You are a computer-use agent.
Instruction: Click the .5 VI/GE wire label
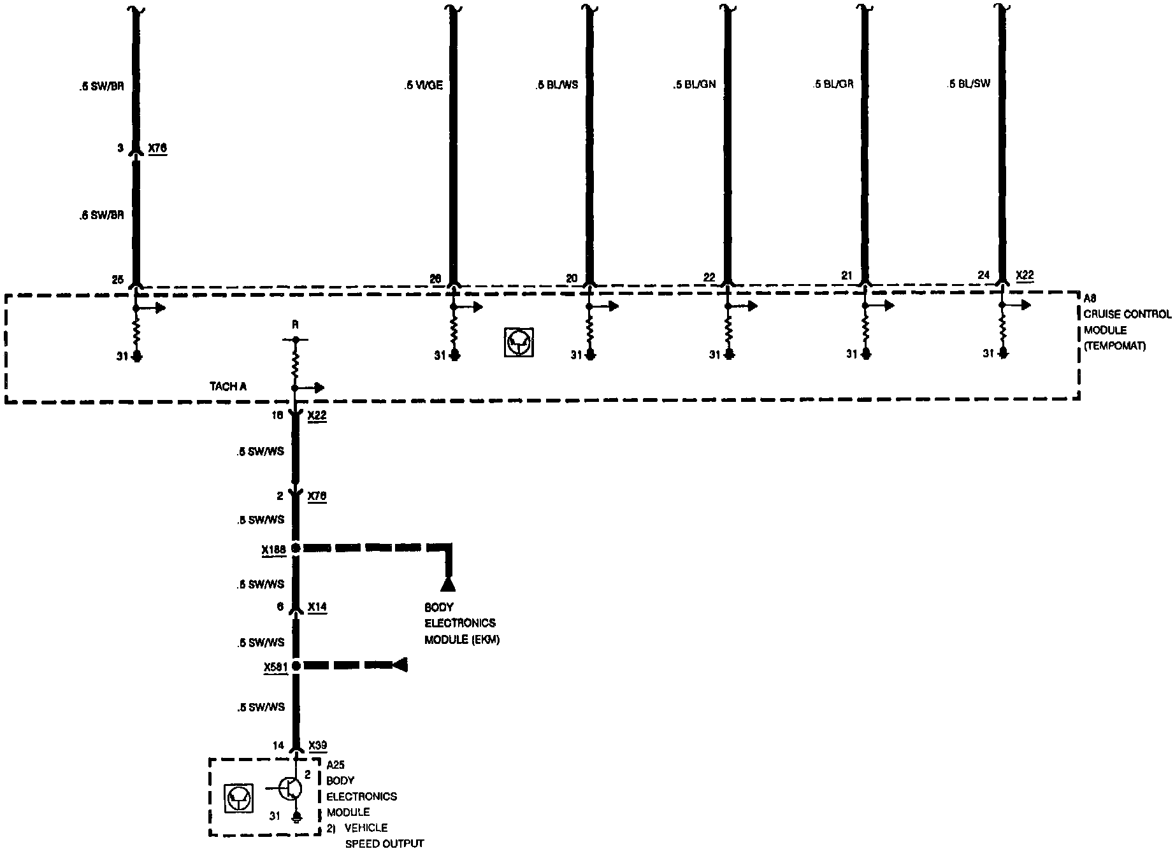click(x=423, y=85)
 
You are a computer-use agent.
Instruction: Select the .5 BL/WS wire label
click(x=557, y=85)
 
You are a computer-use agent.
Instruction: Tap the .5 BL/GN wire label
click(x=694, y=85)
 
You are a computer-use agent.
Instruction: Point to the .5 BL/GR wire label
click(x=833, y=85)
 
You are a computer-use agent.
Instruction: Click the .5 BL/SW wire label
click(x=969, y=84)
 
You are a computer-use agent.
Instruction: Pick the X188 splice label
click(x=273, y=548)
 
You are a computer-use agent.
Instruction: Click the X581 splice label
click(x=275, y=667)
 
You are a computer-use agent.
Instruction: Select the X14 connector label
click(x=317, y=607)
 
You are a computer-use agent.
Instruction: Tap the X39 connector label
click(x=317, y=745)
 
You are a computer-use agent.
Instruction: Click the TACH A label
click(x=228, y=387)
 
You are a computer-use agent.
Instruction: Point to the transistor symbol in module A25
click(x=291, y=788)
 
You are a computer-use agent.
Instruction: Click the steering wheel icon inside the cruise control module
click(x=519, y=343)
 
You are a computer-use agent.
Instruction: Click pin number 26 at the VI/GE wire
click(x=436, y=278)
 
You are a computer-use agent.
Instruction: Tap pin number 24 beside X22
click(x=984, y=275)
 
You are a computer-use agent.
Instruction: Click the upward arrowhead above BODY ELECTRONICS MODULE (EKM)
click(x=448, y=584)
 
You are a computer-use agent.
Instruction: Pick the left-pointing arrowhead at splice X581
click(x=400, y=666)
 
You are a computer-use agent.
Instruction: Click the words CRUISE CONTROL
click(x=1127, y=314)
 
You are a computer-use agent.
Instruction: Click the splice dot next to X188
click(x=296, y=548)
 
